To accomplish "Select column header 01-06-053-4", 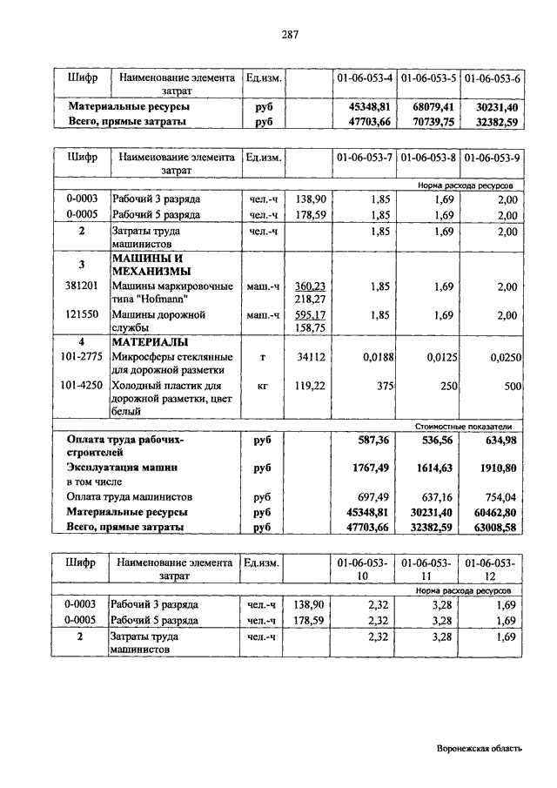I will coord(364,77).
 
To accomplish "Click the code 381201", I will coord(82,286).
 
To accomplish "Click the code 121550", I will coord(82,314).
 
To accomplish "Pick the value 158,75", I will coord(311,327).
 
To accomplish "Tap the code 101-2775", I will coord(82,356).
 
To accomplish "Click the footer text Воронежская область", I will coord(480,749).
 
